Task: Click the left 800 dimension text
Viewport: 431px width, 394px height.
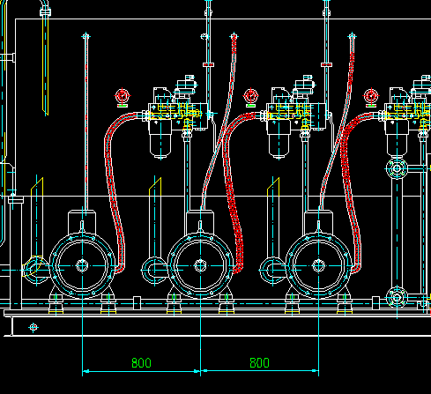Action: click(141, 363)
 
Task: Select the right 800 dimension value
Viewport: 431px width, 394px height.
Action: click(259, 363)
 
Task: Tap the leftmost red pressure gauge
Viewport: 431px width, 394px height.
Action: click(123, 96)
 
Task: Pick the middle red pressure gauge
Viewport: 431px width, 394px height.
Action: click(251, 96)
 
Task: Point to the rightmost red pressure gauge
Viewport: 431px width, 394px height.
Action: click(371, 96)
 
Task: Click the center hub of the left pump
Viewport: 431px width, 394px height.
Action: click(82, 265)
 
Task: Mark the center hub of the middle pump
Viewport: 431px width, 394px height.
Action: click(200, 265)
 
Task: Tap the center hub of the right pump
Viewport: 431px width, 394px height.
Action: click(319, 265)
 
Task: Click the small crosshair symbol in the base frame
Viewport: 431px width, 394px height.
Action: click(33, 327)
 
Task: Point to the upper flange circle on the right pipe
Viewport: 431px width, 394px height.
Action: click(397, 168)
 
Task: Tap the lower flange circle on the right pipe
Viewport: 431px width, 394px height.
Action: click(397, 298)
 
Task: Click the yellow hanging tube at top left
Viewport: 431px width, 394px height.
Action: click(46, 64)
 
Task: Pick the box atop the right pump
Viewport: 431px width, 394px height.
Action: click(319, 221)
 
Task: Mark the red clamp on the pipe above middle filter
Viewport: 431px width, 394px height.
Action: click(208, 64)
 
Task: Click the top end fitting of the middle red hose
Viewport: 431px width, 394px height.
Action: click(234, 37)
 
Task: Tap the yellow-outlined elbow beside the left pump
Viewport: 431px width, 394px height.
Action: click(33, 270)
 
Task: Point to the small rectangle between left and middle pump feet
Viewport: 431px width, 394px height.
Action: click(137, 302)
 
